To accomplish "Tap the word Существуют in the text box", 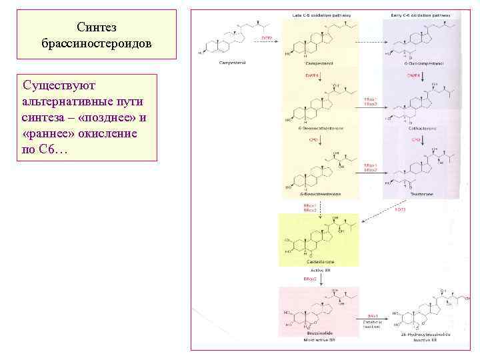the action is tap(59, 85).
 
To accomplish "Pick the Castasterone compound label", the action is tap(319, 261).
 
